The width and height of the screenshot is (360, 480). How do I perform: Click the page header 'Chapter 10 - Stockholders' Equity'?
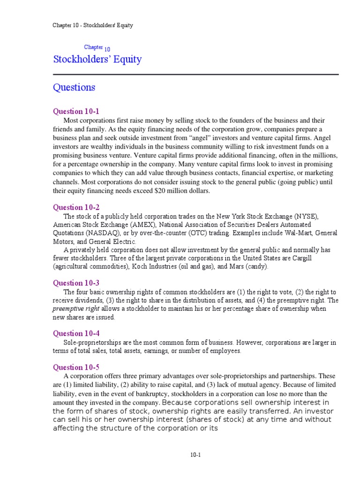point(92,25)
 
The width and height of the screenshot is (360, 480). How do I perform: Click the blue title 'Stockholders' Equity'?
point(97,60)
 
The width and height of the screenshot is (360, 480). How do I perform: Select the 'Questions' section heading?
point(74,88)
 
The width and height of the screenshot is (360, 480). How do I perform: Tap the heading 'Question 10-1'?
point(76,112)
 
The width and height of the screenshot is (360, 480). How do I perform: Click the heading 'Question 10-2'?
point(76,207)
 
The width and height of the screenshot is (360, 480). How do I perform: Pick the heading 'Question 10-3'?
point(76,283)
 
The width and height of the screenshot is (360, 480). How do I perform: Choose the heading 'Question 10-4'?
point(76,333)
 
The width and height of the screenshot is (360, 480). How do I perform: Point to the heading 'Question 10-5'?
point(76,367)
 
